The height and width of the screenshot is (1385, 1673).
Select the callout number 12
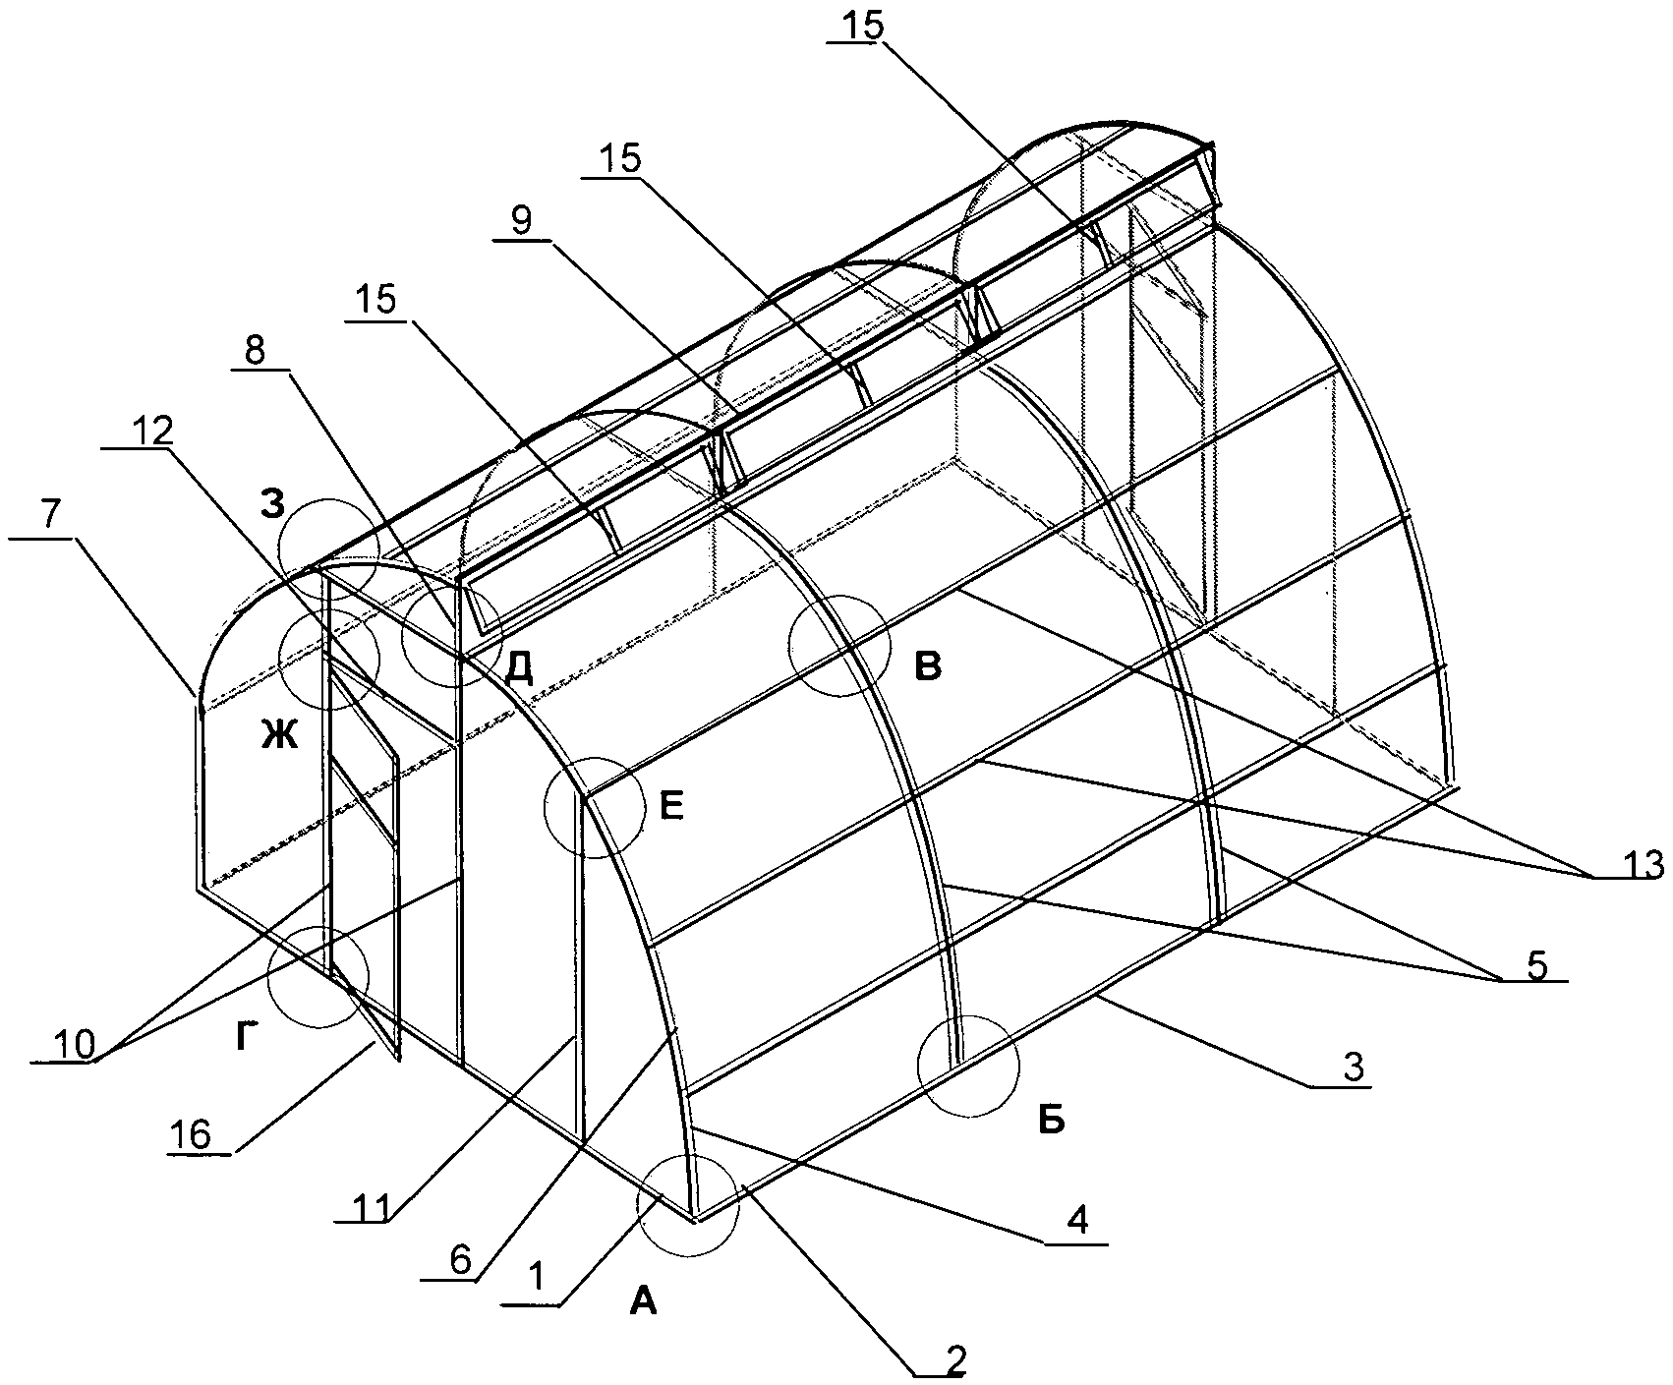click(x=150, y=429)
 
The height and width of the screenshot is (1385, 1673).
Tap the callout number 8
click(x=255, y=352)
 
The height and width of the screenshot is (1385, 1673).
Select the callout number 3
click(x=1355, y=1068)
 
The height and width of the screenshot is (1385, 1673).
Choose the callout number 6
click(x=460, y=1257)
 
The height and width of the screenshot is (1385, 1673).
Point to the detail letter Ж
click(x=278, y=734)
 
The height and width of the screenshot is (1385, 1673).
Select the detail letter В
click(x=928, y=666)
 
